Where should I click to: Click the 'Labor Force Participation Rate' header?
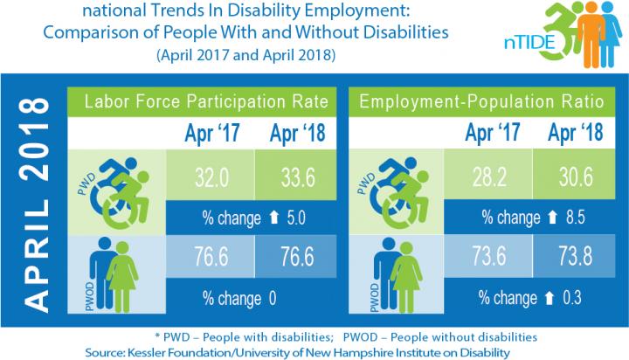[x=206, y=103]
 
